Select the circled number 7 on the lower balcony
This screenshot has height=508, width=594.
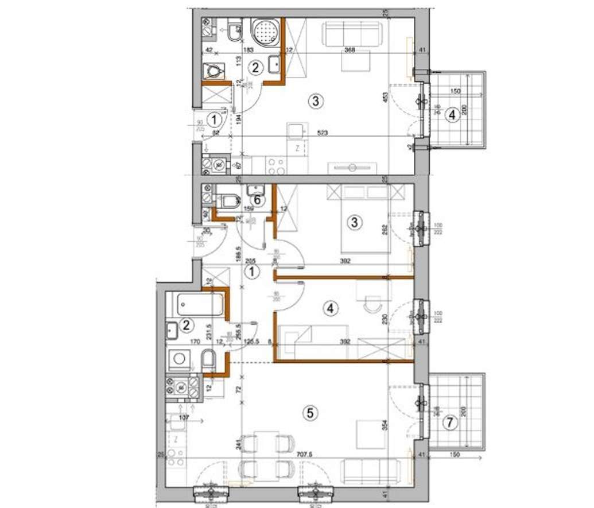pos(451,422)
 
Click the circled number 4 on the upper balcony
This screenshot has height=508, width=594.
pos(452,115)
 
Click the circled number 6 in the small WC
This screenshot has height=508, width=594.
pos(258,200)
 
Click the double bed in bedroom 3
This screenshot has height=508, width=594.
pos(365,221)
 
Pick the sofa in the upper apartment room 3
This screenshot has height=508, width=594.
pos(352,34)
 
